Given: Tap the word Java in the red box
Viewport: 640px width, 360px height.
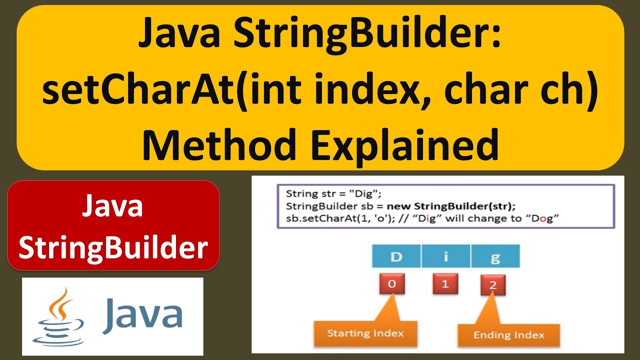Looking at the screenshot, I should tap(112, 207).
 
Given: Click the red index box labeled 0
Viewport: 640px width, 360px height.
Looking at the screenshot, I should tap(392, 284).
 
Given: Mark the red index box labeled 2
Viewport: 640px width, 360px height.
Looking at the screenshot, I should tap(492, 286).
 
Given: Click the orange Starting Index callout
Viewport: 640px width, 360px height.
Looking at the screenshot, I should tap(365, 333).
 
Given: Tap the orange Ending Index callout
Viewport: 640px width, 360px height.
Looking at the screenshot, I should tap(508, 335).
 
